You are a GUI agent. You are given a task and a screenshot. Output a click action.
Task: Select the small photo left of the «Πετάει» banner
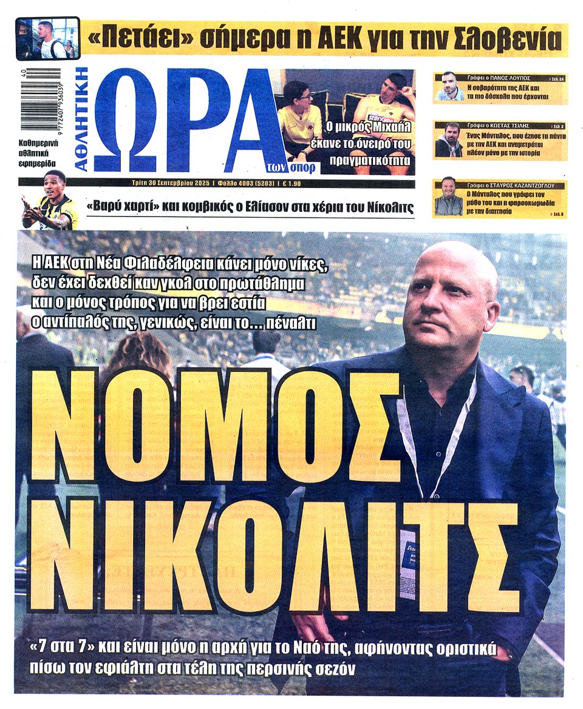coord(48,39)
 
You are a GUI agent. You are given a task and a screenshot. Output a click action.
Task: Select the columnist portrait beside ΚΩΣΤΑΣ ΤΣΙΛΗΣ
coord(449,140)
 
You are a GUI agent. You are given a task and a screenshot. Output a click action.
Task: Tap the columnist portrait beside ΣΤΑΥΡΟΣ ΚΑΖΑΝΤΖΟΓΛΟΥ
coord(449,197)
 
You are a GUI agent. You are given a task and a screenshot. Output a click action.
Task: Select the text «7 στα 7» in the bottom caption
coord(65,653)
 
